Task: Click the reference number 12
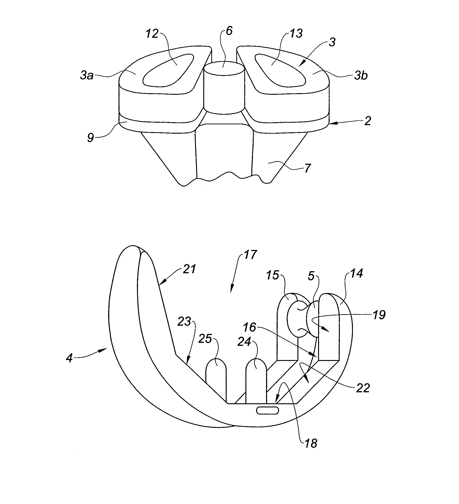coord(152,34)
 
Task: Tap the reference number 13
coord(296,33)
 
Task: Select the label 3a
coord(87,75)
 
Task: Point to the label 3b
coord(361,75)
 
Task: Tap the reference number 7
coord(307,168)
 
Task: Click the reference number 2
coord(367,121)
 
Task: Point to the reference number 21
coord(189,269)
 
